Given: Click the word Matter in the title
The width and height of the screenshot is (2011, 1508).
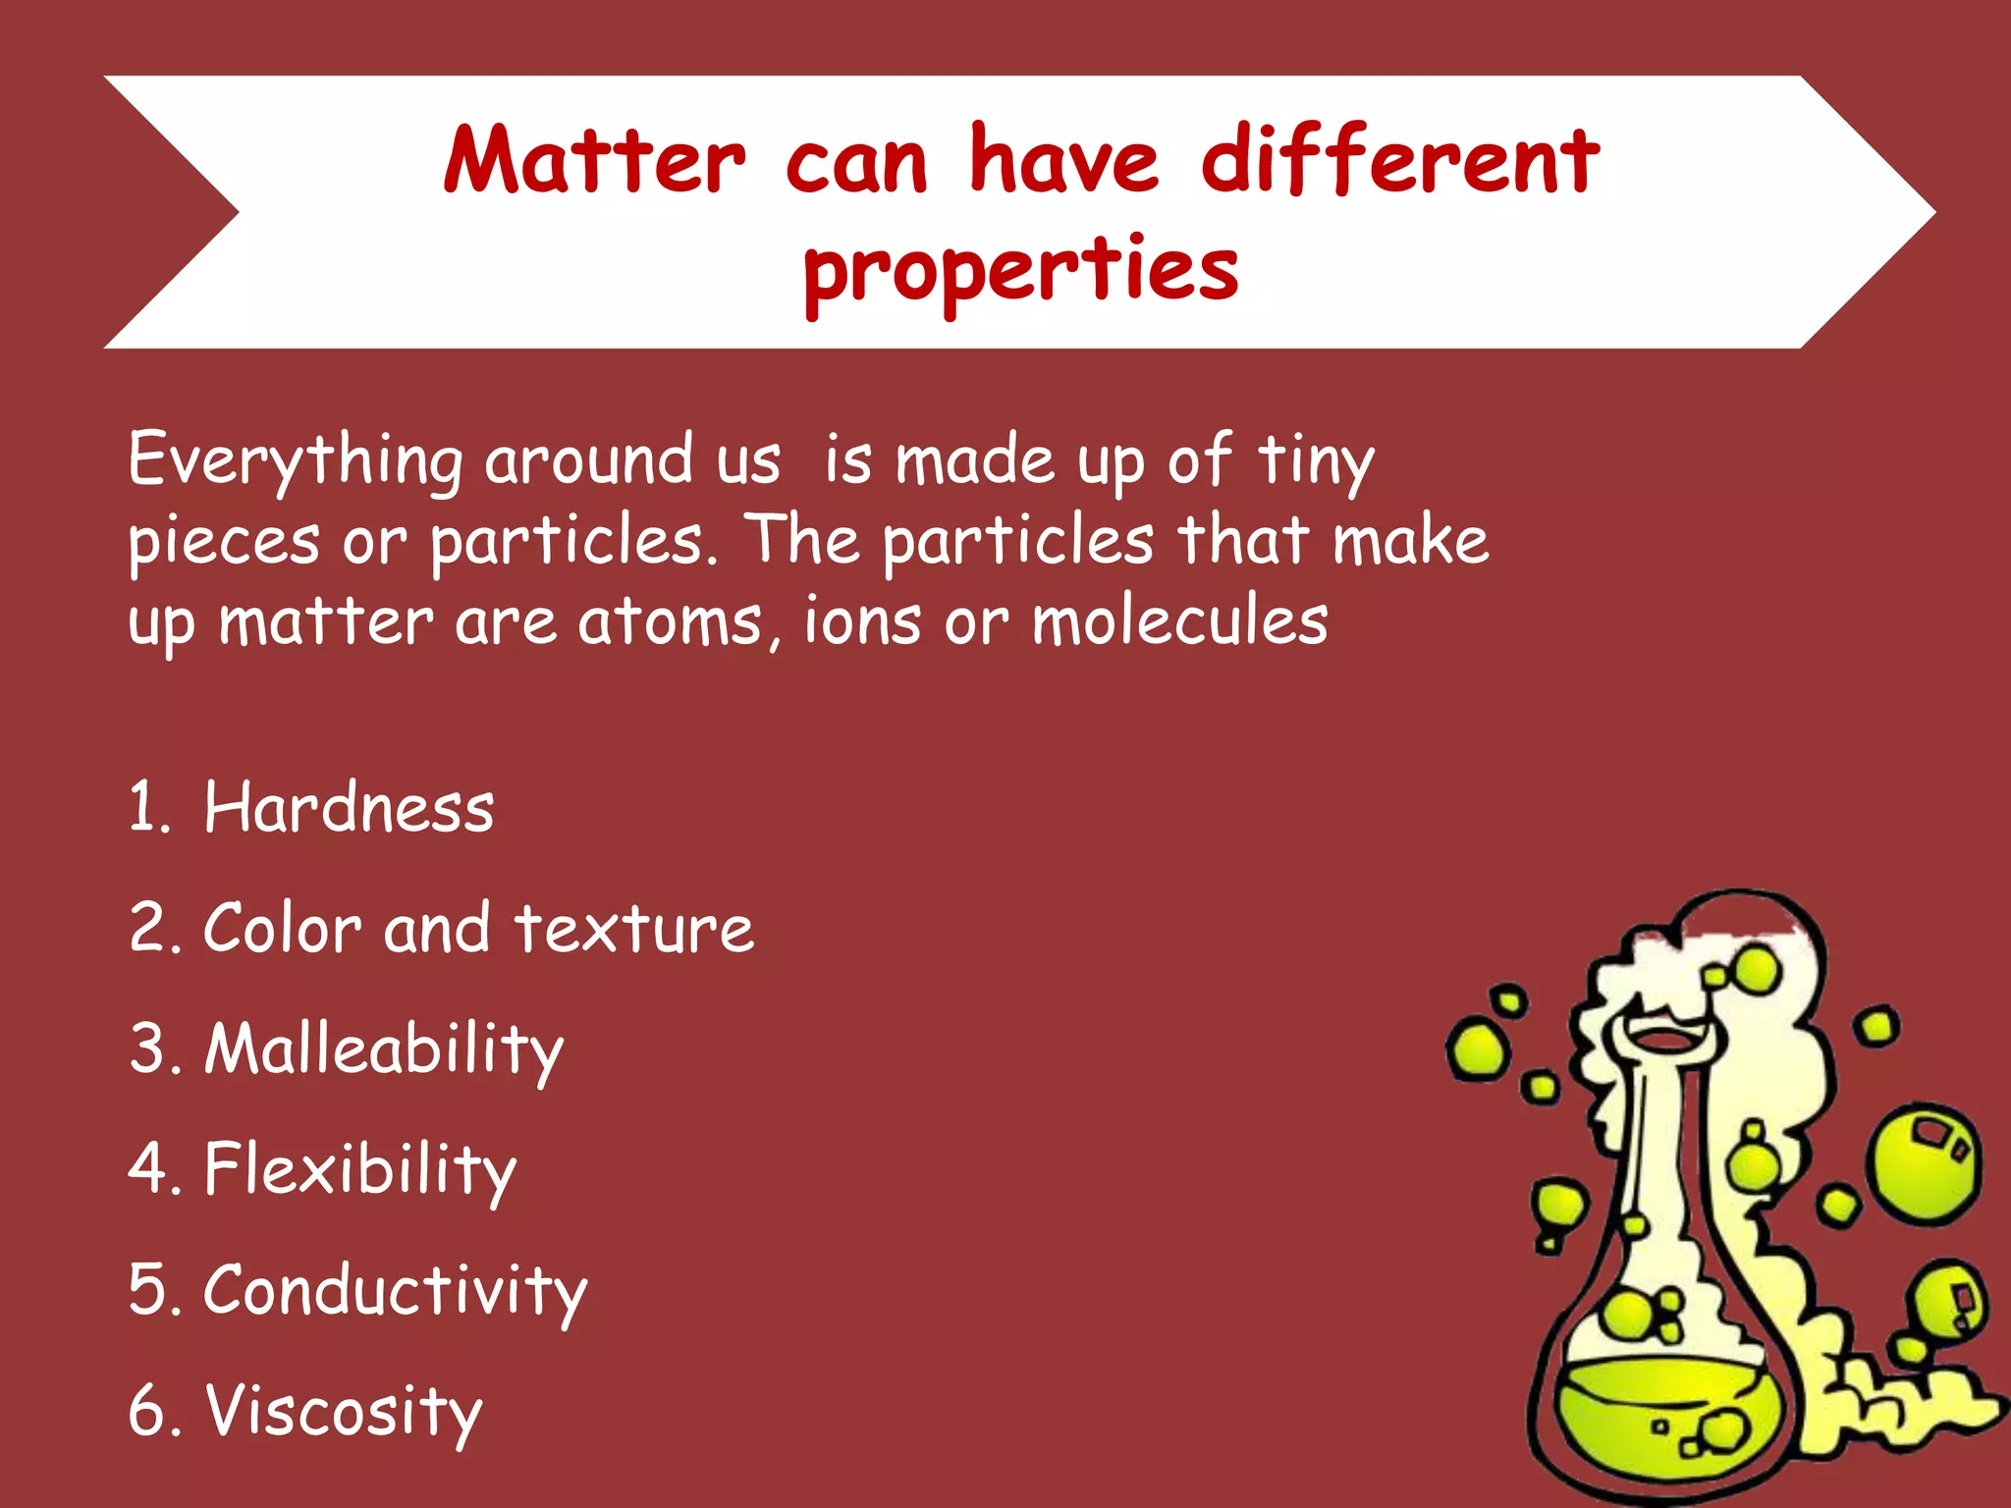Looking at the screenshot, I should click(594, 159).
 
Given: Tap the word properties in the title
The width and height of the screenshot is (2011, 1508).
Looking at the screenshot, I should click(1021, 270).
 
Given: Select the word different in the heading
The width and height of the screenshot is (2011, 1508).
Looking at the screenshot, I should click(1400, 159).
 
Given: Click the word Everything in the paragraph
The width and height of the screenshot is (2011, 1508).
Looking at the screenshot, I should click(295, 459).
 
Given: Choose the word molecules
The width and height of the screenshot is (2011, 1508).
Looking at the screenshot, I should click(1179, 621).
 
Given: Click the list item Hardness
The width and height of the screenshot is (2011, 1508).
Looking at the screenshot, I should click(349, 808).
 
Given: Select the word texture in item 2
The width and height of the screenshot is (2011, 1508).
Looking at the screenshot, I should click(634, 929).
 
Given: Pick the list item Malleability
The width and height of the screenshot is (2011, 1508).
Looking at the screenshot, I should click(384, 1050).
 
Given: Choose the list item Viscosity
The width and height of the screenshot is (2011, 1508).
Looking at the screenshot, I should click(343, 1411).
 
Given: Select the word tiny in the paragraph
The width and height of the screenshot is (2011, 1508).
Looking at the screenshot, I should click(1316, 459).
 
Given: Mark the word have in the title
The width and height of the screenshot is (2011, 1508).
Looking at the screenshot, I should click(1064, 159).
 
